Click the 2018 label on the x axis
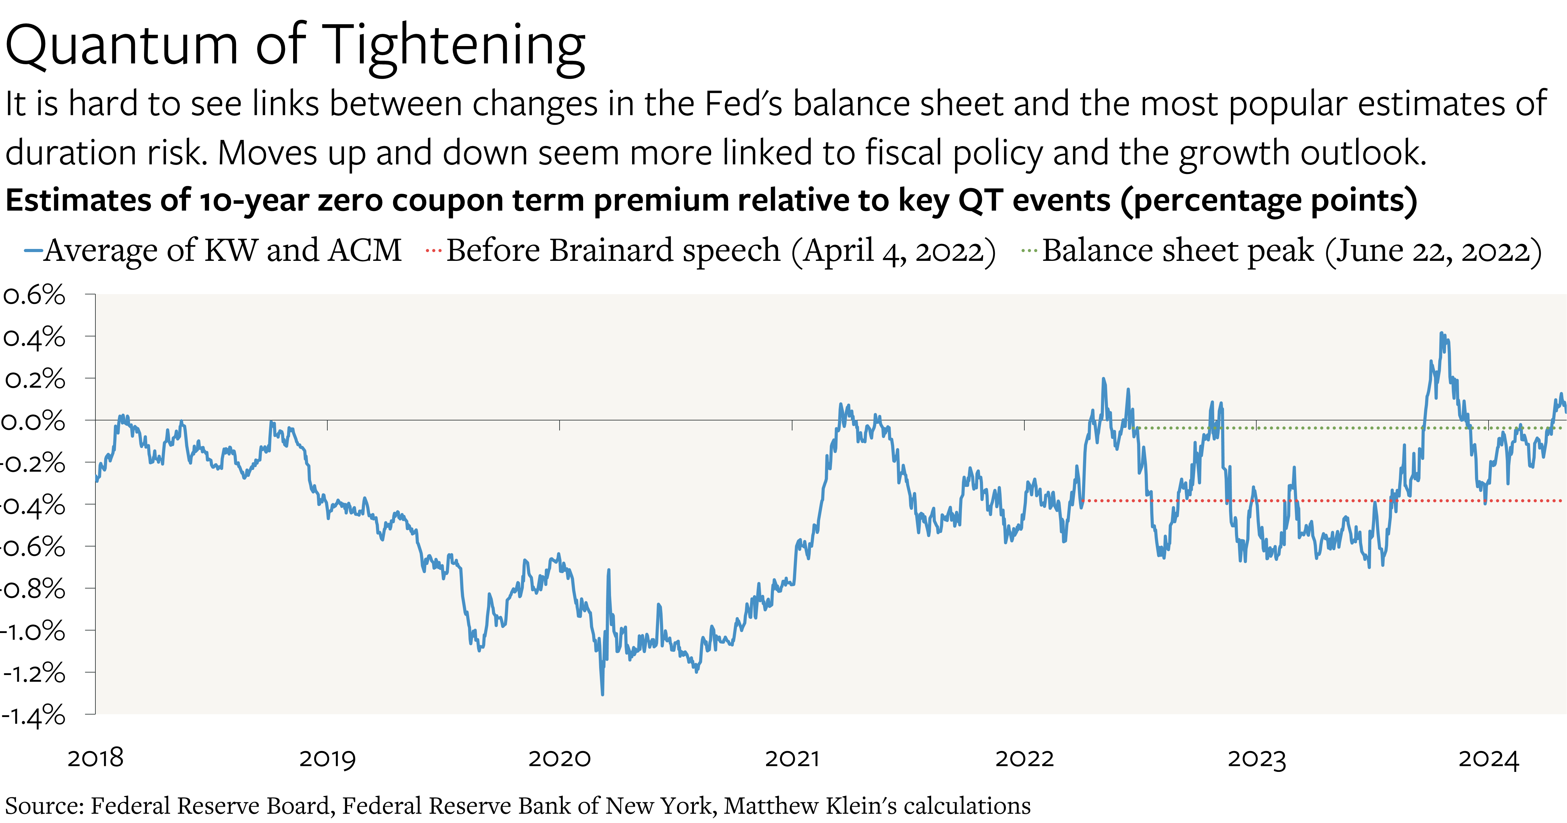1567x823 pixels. tap(95, 758)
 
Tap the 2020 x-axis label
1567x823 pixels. tap(560, 758)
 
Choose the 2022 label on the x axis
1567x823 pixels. tap(1024, 758)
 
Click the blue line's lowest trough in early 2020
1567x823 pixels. tap(602, 694)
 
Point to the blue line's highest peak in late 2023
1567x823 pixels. tap(1441, 333)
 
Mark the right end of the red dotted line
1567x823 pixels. tap(1562, 501)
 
